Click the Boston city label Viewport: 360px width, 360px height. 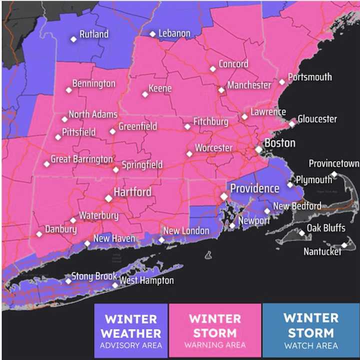coord(279,143)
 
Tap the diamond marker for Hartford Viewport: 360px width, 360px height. coord(108,198)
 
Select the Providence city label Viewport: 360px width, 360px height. coord(254,188)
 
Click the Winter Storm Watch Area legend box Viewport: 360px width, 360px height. coord(310,331)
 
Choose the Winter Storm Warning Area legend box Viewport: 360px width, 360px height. coord(215,331)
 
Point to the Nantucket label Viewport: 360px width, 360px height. coord(322,251)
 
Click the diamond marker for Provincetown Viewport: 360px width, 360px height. coord(334,174)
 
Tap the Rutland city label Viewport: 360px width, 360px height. coord(93,34)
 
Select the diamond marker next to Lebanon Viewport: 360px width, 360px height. coord(153,34)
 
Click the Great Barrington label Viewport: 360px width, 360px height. coord(81,159)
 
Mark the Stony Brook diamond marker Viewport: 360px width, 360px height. coord(68,281)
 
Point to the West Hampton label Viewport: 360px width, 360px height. coord(146,280)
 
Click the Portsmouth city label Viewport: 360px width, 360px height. coord(310,77)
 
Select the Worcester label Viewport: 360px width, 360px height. coord(213,148)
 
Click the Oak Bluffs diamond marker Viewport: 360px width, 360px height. coord(301,233)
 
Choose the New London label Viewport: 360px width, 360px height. coord(186,230)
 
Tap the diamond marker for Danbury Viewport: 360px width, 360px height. coord(39,234)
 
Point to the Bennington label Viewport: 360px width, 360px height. coord(93,83)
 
